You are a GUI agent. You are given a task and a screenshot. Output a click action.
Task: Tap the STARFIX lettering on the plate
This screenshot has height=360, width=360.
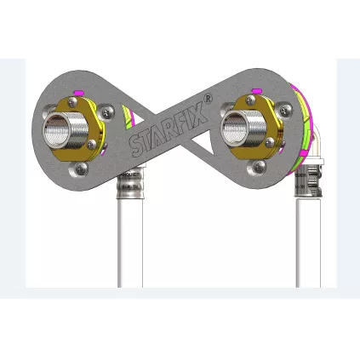[162, 133]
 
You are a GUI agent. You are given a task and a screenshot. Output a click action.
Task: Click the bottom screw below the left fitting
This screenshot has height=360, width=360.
[81, 169]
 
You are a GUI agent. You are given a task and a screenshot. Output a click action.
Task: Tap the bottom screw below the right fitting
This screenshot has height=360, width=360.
[257, 169]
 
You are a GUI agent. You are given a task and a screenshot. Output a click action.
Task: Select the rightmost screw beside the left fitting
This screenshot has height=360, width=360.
[107, 140]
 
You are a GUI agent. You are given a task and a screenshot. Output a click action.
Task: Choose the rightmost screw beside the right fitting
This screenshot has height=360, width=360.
[283, 140]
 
